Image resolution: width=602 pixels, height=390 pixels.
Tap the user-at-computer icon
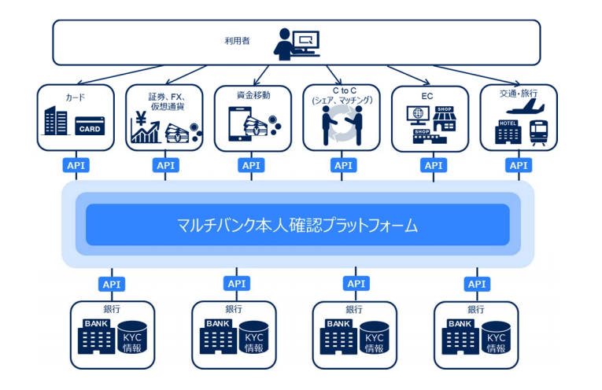click(297, 42)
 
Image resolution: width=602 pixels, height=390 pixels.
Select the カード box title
click(75, 97)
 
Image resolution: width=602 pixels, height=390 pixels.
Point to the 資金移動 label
click(253, 95)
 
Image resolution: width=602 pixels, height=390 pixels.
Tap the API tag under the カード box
click(76, 165)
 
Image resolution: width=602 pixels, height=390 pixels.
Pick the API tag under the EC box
click(432, 165)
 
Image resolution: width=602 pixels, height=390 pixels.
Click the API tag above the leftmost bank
click(111, 284)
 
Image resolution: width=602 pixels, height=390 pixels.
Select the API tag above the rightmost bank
click(476, 284)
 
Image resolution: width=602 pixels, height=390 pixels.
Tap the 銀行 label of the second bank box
click(234, 309)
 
